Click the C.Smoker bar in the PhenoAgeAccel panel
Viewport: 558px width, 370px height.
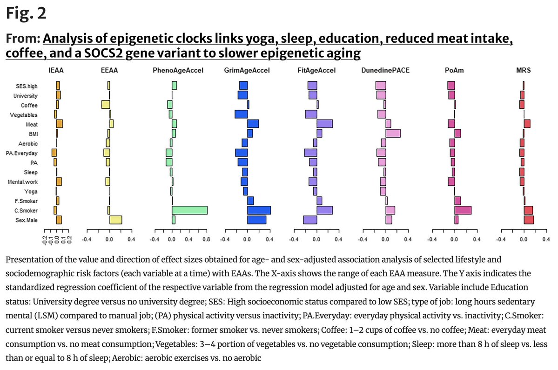pyautogui.click(x=189, y=210)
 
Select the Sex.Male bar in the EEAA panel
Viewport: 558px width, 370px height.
pyautogui.click(x=115, y=220)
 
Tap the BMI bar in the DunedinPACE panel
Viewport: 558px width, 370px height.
pyautogui.click(x=393, y=133)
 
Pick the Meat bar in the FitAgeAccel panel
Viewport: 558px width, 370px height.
pyautogui.click(x=324, y=124)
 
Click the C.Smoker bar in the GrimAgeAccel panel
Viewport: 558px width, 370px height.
pyautogui.click(x=259, y=210)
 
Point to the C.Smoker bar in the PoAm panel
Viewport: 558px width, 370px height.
pyautogui.click(x=463, y=210)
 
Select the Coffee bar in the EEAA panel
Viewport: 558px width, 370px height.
pyautogui.click(x=106, y=105)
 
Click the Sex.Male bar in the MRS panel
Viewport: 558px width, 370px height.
pyautogui.click(x=529, y=220)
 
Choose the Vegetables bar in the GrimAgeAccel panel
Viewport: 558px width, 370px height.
pyautogui.click(x=241, y=114)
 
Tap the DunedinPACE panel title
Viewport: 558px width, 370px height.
pyautogui.click(x=385, y=71)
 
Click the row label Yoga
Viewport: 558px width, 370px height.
pyautogui.click(x=31, y=191)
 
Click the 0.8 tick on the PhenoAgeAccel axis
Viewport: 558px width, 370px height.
pyautogui.click(x=207, y=240)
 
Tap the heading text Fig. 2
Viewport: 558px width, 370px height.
pyautogui.click(x=26, y=14)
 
